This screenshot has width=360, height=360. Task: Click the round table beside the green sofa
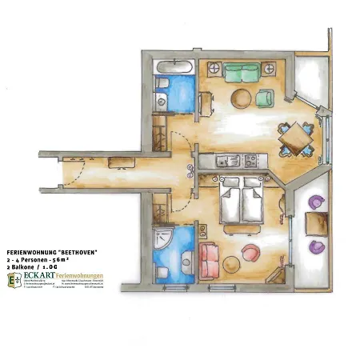point(239,98)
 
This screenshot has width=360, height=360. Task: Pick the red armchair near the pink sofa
point(250,252)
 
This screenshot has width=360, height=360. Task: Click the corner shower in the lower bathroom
point(162,237)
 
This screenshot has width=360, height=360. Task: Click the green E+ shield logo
point(14,281)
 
